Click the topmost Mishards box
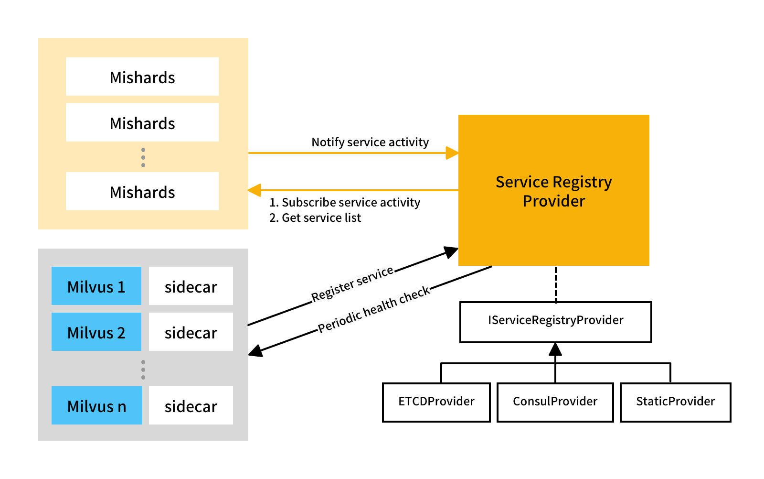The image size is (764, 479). point(142,76)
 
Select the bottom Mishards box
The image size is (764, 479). point(142,191)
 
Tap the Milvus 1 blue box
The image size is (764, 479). point(96,286)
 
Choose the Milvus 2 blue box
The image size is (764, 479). point(96,332)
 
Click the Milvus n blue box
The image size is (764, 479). point(97,405)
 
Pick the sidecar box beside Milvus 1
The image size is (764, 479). point(191,286)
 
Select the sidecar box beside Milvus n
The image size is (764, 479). point(191,405)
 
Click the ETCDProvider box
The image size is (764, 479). point(436,402)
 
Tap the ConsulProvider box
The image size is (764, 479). point(555,402)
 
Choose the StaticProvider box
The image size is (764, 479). point(676,402)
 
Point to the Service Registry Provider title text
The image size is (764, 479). point(554,191)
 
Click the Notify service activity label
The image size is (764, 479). point(370,142)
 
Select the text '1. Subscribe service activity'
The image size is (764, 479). point(345,202)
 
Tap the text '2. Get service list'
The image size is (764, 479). point(315,218)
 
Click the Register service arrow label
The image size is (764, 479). point(352,283)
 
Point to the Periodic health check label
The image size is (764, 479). point(374,310)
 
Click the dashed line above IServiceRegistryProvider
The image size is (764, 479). point(556,284)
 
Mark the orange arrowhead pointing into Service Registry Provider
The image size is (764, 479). point(452,153)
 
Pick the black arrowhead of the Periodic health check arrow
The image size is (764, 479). point(255,351)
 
